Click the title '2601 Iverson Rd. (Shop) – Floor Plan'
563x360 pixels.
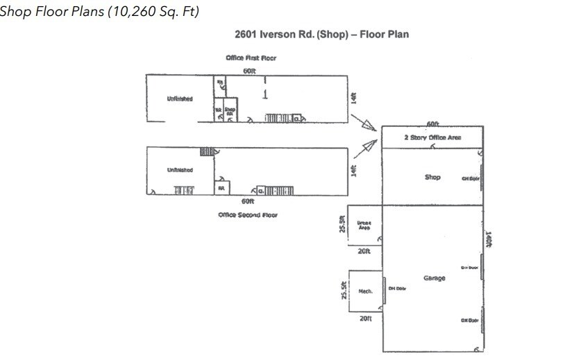tap(324, 34)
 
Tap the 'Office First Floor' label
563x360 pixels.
tap(251, 58)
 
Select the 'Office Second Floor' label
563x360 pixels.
tap(248, 215)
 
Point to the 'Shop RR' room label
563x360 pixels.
tap(230, 110)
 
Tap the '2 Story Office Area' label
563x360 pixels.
tap(432, 138)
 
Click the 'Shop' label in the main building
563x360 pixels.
tap(432, 177)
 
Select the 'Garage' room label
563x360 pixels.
tap(434, 278)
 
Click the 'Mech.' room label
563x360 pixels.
tap(365, 291)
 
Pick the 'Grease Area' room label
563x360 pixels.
tap(364, 225)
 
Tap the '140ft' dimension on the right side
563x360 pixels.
tap(489, 239)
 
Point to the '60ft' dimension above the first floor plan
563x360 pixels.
tap(248, 71)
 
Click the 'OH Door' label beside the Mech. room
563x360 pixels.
tap(396, 289)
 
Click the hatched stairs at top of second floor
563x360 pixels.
tap(207, 151)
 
